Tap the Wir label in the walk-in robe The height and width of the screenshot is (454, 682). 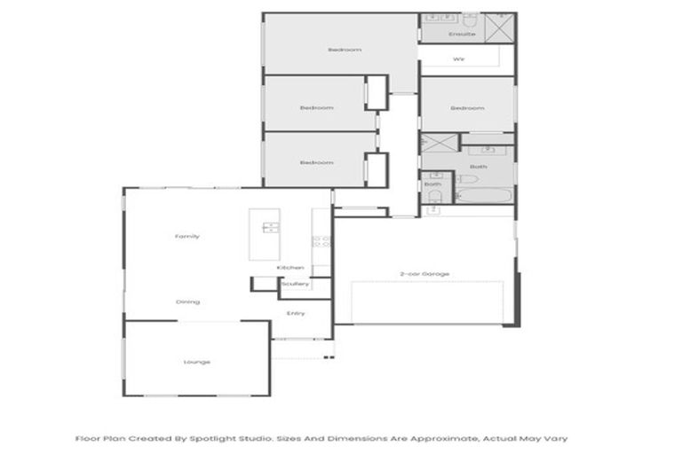(459, 59)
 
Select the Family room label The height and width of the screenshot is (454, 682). (186, 237)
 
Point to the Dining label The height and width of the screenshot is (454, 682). (187, 302)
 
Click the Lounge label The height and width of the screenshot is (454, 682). (196, 362)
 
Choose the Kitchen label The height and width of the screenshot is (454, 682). (290, 267)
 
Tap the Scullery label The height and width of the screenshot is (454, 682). (295, 285)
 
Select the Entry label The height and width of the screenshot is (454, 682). (296, 313)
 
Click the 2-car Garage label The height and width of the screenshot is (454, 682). (424, 274)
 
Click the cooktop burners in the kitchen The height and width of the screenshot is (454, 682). (321, 240)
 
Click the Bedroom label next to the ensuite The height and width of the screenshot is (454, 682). (345, 51)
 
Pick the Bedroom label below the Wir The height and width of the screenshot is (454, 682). (467, 108)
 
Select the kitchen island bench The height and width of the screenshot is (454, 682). (264, 234)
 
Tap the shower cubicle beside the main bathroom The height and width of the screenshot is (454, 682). (439, 145)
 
